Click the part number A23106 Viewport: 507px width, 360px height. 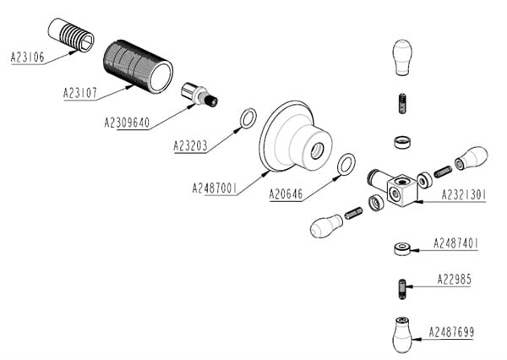tap(28, 57)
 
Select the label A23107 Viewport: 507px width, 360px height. tap(80, 93)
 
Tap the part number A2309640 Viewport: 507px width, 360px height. tap(127, 123)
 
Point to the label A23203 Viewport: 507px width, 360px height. tap(190, 146)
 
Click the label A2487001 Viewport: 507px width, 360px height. tap(215, 188)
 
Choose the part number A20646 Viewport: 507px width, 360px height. tap(286, 194)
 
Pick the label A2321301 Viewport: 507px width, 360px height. tap(464, 194)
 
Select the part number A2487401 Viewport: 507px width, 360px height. tap(455, 243)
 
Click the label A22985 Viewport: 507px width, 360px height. tap(455, 280)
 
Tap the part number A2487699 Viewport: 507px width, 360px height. tap(451, 332)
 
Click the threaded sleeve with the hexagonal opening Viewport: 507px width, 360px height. tap(71, 35)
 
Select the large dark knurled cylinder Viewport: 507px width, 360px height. tap(138, 67)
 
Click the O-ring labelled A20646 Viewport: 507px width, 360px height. tap(346, 164)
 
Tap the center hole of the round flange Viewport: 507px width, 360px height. tap(317, 150)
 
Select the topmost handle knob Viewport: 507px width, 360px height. tap(402, 57)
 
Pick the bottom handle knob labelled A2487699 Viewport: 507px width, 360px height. tap(402, 335)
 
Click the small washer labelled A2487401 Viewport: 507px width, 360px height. tap(402, 248)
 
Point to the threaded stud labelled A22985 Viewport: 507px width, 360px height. tap(402, 290)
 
